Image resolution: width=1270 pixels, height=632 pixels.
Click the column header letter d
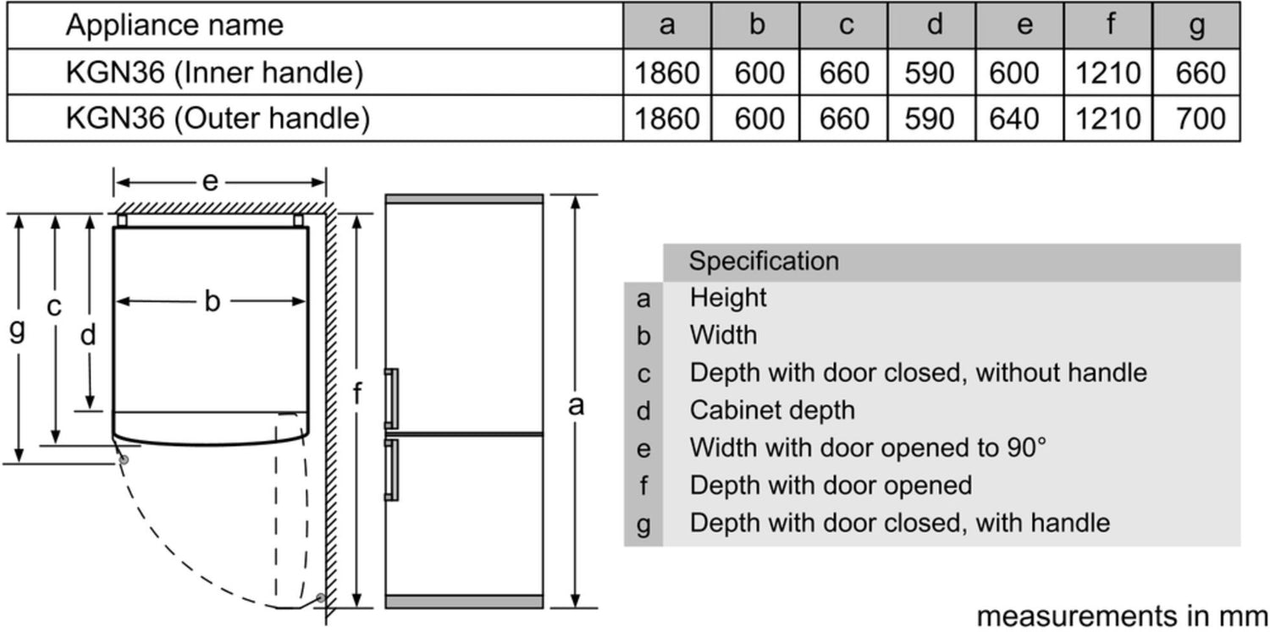pyautogui.click(x=935, y=25)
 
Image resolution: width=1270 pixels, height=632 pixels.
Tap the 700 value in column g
pyautogui.click(x=1201, y=118)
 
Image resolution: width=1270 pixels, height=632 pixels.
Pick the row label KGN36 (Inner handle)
pyautogui.click(x=214, y=73)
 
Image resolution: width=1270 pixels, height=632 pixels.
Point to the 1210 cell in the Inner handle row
pyautogui.click(x=1108, y=73)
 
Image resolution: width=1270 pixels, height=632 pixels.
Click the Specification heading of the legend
pyautogui.click(x=764, y=261)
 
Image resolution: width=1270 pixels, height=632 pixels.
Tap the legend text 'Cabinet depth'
pyautogui.click(x=772, y=410)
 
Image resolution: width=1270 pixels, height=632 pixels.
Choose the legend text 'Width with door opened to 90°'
pyautogui.click(x=868, y=448)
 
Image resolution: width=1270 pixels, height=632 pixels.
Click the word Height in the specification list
pyautogui.click(x=728, y=297)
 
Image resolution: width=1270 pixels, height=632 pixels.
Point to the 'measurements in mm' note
pyautogui.click(x=1123, y=616)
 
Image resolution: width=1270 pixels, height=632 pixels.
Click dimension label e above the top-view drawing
pyautogui.click(x=210, y=182)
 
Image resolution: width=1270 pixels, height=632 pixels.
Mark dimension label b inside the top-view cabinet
pyautogui.click(x=212, y=300)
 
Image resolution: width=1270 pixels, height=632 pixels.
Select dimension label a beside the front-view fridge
pyautogui.click(x=576, y=405)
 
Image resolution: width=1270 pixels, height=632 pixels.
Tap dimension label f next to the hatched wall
pyautogui.click(x=356, y=393)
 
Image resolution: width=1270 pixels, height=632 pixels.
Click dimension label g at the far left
pyautogui.click(x=17, y=330)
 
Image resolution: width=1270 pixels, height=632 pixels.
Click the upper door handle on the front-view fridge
pyautogui.click(x=392, y=398)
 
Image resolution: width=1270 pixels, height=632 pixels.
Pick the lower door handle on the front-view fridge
pyautogui.click(x=392, y=470)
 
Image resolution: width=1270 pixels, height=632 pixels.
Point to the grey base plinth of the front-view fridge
pyautogui.click(x=464, y=602)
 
